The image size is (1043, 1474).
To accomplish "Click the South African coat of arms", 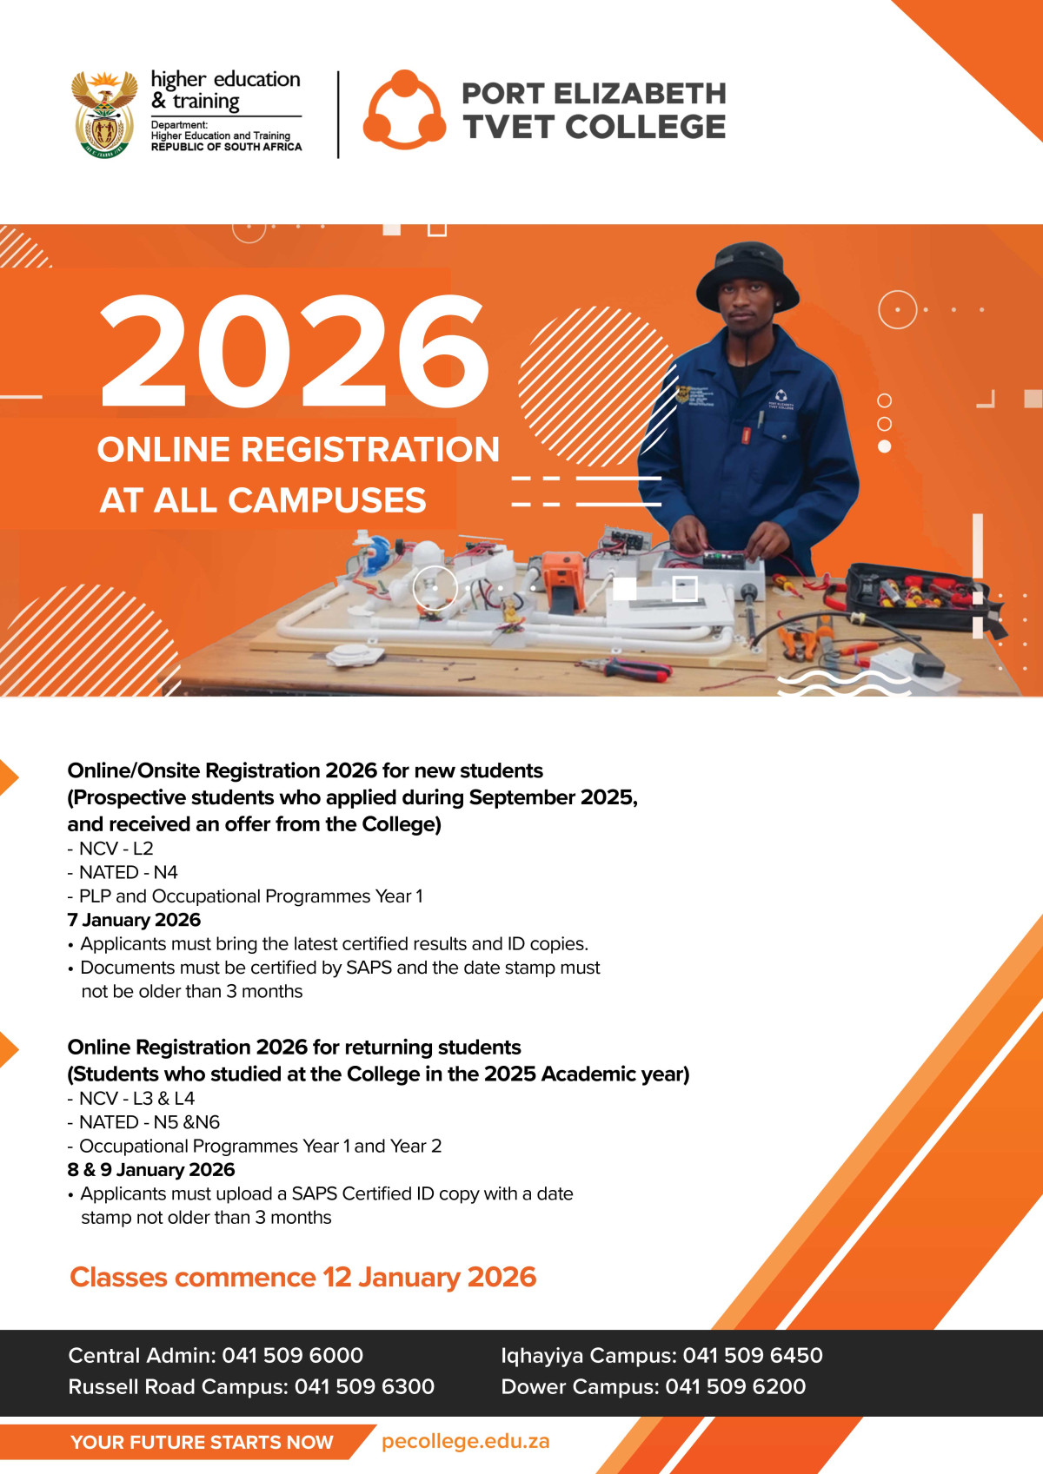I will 104,114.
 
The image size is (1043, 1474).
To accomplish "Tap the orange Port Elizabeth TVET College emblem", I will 404,110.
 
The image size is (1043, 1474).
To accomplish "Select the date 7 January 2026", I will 134,920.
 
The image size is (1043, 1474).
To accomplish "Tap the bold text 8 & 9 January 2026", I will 151,1170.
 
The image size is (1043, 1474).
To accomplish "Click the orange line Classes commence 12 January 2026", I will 302,1277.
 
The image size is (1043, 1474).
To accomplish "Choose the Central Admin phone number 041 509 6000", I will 292,1355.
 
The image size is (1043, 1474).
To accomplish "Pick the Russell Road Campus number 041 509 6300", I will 364,1386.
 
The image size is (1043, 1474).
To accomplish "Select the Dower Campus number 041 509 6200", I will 735,1386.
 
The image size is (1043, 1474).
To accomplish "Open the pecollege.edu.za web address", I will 465,1441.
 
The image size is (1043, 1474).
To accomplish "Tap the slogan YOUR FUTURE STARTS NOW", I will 202,1442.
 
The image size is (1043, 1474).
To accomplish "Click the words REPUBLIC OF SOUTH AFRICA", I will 226,147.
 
